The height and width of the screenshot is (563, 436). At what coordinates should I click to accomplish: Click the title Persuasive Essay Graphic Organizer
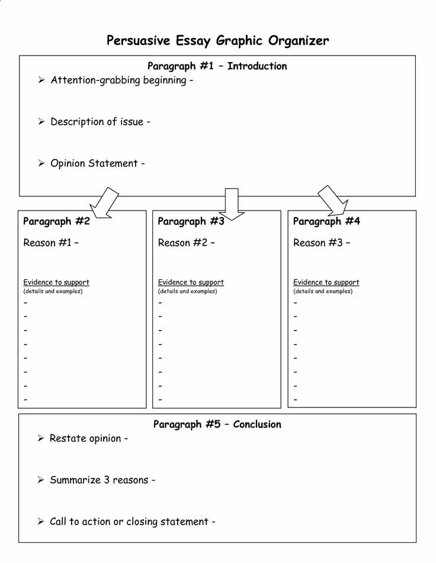tap(217, 41)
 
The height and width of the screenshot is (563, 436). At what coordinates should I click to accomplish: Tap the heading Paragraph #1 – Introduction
tap(217, 66)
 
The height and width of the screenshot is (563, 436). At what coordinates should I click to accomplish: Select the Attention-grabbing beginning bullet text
tap(121, 80)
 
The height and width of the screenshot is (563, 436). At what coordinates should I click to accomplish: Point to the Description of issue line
tap(100, 122)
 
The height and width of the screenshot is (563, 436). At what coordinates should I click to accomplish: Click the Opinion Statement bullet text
tap(97, 163)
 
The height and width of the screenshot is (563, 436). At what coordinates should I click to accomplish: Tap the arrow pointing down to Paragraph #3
tap(234, 203)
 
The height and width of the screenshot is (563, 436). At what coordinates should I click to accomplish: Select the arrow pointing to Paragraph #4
tap(334, 201)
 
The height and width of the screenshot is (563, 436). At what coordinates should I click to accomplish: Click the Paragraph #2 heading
tap(56, 222)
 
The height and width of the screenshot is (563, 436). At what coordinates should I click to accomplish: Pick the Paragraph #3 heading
tap(191, 222)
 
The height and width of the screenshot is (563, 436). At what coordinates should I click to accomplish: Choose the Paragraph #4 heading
tap(326, 222)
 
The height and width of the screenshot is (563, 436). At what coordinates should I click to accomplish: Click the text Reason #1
tap(50, 243)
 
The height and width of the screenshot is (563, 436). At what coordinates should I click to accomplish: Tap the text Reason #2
tap(185, 243)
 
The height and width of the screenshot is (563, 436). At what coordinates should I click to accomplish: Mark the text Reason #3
tap(321, 243)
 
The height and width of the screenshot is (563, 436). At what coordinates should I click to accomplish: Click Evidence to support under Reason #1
tap(56, 283)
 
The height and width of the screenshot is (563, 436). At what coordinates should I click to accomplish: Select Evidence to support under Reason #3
tap(326, 283)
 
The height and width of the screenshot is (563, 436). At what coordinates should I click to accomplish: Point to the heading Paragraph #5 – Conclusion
tap(217, 425)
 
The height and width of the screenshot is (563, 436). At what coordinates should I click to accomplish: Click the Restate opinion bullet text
tap(88, 439)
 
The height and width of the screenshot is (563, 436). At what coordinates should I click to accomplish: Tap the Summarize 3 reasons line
tap(102, 480)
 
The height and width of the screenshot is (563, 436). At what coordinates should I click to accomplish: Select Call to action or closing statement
tap(132, 522)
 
